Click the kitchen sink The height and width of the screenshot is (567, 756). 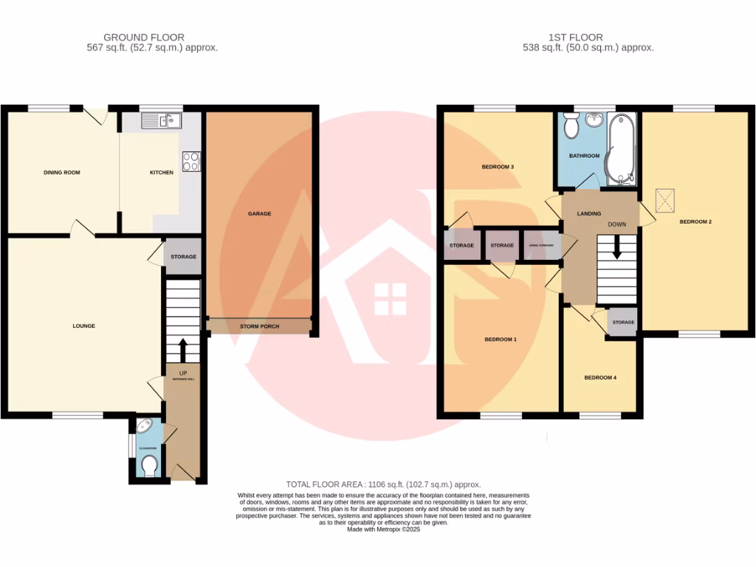coord(160,120)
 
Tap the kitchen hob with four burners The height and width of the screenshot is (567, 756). coord(191,161)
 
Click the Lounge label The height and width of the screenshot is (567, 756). coord(83,326)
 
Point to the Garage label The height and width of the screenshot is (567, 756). coord(259,213)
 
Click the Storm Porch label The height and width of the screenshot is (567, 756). coord(259,326)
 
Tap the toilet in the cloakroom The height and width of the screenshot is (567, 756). coord(149,466)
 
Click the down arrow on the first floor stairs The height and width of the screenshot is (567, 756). coord(616,252)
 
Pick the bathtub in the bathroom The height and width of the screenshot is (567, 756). coord(619,148)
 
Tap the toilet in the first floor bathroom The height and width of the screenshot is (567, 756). coord(571,126)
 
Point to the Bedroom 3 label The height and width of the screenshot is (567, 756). coord(498,167)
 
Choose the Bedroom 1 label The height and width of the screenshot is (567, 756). coord(500,340)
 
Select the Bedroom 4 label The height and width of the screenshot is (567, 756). coord(599,377)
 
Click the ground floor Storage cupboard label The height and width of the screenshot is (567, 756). coord(183,257)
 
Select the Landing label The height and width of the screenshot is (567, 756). coord(588,213)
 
